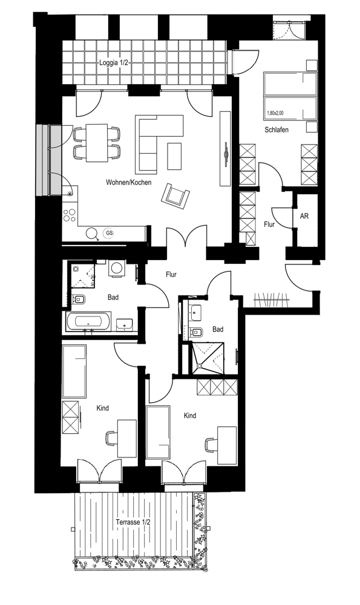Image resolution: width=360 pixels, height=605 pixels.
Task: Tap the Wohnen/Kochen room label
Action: point(129,183)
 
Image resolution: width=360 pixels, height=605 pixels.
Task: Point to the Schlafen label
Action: point(277,129)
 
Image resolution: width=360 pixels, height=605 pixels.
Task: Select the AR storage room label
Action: point(304,216)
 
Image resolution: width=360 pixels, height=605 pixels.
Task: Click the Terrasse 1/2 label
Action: point(133,522)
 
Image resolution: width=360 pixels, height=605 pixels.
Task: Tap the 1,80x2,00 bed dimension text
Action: point(275,114)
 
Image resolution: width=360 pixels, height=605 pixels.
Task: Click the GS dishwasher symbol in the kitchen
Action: point(110,233)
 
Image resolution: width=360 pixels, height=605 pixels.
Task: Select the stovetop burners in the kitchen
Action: point(70,215)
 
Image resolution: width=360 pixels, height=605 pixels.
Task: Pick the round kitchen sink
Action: point(92,233)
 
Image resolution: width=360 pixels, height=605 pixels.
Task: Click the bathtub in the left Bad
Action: point(88,321)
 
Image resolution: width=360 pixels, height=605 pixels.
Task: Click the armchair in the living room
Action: point(175,195)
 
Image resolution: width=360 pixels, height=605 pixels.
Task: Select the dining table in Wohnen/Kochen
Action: point(96,143)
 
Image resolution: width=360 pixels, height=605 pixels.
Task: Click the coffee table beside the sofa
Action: point(174,156)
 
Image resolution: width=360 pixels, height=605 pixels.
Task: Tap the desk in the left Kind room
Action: point(126,438)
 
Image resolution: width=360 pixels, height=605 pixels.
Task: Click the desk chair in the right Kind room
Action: point(211,444)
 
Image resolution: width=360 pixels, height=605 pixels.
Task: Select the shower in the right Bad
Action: point(208,357)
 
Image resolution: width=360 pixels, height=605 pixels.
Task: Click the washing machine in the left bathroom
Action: point(116,269)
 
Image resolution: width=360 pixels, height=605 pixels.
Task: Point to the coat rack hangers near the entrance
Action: point(272,300)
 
